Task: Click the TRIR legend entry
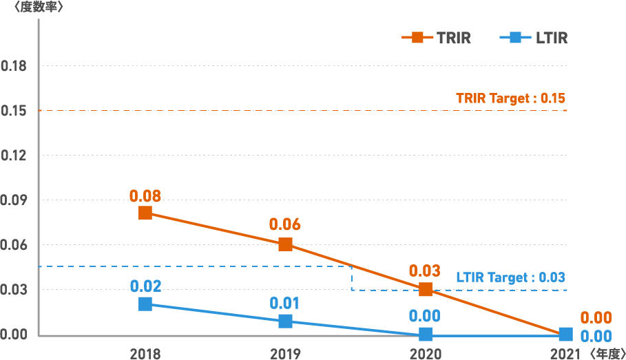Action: pyautogui.click(x=437, y=38)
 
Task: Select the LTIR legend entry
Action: pyautogui.click(x=534, y=38)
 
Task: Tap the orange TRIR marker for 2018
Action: pyautogui.click(x=145, y=213)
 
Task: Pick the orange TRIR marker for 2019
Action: pyautogui.click(x=285, y=244)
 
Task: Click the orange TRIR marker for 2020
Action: pyautogui.click(x=426, y=290)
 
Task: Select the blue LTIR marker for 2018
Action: pyautogui.click(x=145, y=304)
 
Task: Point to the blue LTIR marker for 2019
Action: pyautogui.click(x=285, y=321)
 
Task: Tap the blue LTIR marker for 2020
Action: pyautogui.click(x=426, y=335)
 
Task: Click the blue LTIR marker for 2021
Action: pyautogui.click(x=565, y=335)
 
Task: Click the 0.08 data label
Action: pyautogui.click(x=145, y=195)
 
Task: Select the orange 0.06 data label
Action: pyautogui.click(x=285, y=224)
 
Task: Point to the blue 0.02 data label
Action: pyautogui.click(x=145, y=286)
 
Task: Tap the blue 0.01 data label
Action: pyautogui.click(x=285, y=303)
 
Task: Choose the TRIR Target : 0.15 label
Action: pyautogui.click(x=510, y=98)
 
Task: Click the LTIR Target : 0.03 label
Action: pyautogui.click(x=510, y=277)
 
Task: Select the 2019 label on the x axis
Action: pyautogui.click(x=285, y=354)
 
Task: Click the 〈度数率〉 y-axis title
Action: pyautogui.click(x=34, y=8)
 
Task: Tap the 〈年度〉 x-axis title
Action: pyautogui.click(x=606, y=354)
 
